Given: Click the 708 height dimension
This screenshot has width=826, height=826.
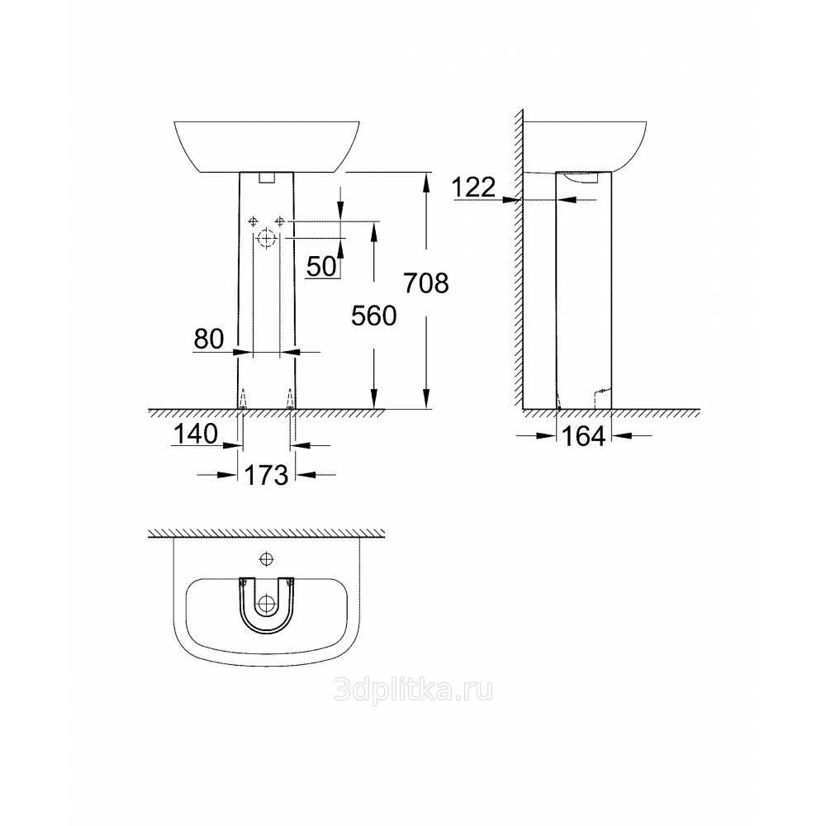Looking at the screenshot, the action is pos(426,282).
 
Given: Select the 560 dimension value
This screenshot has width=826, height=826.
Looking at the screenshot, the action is pos(374,316).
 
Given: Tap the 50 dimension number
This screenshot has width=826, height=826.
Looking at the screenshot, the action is pos(321,266).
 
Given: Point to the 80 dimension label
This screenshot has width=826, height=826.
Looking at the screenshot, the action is pos(209,339).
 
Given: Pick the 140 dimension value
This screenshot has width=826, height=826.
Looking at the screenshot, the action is pos(196,434).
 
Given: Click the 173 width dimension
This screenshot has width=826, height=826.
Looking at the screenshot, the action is pos(267,475).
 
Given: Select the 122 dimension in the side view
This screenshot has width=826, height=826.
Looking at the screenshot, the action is pos(473,187).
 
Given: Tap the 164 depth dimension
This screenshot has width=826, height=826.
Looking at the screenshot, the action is pos(584,436).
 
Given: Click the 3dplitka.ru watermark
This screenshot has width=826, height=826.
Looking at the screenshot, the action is pos(414,690).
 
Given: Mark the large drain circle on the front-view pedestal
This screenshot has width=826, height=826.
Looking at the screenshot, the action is pos(267,239).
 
